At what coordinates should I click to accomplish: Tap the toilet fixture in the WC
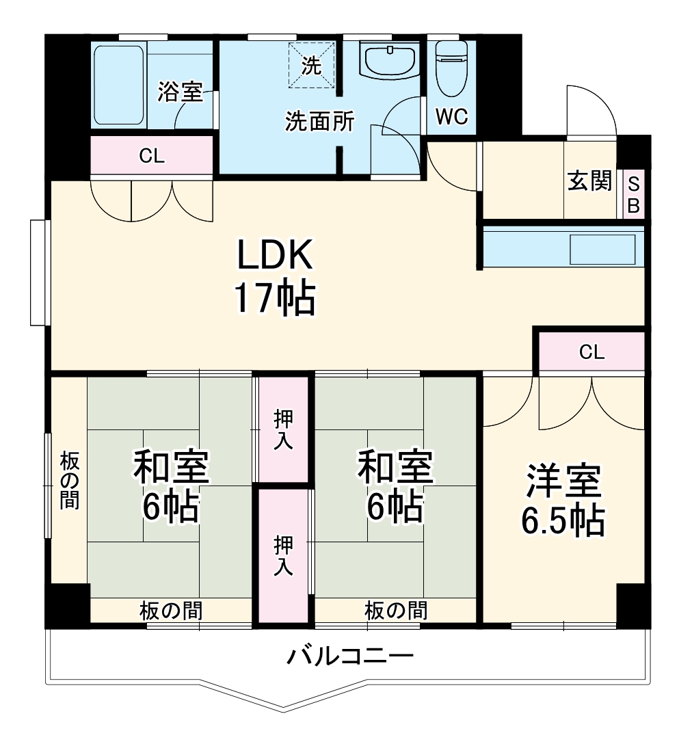451,68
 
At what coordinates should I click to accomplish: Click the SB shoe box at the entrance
633,195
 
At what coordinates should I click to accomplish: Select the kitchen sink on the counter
602,249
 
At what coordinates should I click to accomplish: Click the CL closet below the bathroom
152,156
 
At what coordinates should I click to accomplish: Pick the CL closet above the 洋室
591,352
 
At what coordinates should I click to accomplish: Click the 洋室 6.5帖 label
564,502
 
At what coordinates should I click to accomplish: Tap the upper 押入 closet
283,429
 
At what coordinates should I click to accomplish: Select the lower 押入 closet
283,555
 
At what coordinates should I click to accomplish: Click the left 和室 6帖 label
171,487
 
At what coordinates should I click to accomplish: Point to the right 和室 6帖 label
395,487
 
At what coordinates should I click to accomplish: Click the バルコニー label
350,658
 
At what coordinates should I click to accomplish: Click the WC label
451,117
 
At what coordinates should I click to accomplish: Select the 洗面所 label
319,122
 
